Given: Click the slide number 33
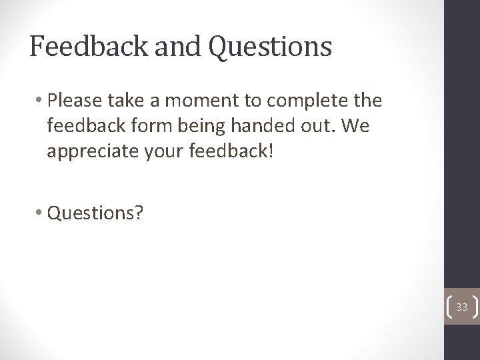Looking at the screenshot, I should pos(462,307).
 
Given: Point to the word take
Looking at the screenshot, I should pos(120,101).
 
